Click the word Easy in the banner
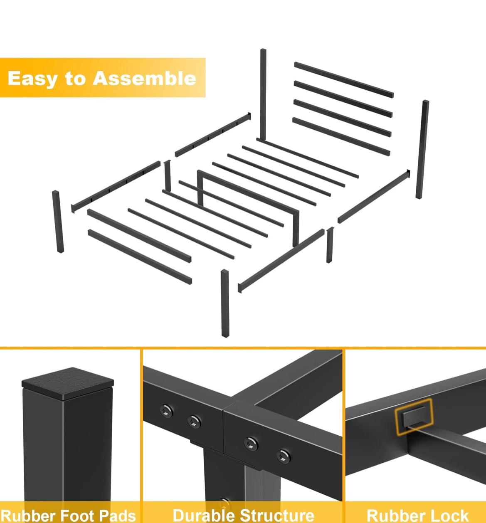coord(32,78)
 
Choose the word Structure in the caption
coord(277,515)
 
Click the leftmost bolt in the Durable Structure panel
coord(166,411)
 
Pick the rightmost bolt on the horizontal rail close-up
coord(284,456)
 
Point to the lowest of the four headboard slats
coord(341,136)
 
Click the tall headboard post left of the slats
coord(263,94)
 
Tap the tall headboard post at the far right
coord(422,149)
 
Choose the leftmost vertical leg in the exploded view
coord(58,222)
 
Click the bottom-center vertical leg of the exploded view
coord(225,303)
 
